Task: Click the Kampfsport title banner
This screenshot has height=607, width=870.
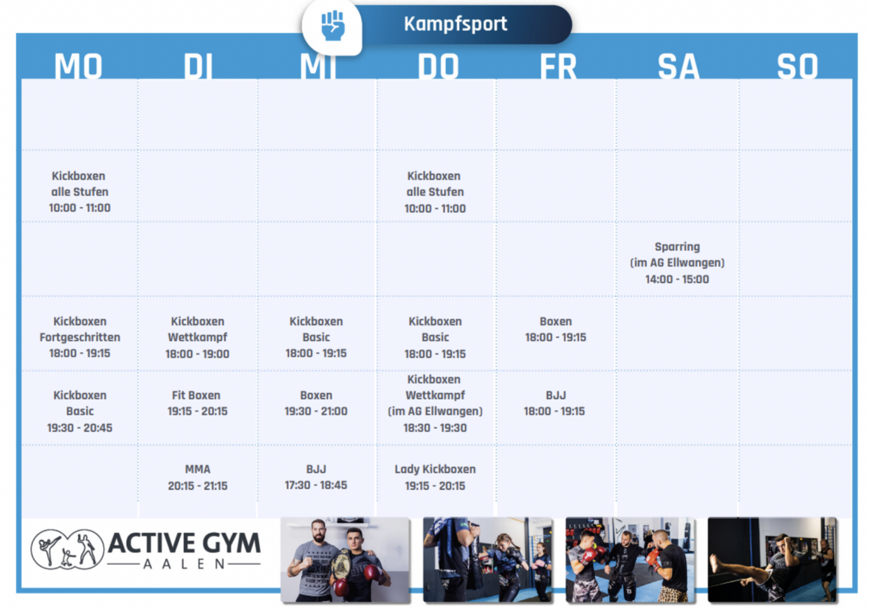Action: click(462, 24)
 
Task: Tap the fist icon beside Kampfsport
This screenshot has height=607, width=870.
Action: click(333, 25)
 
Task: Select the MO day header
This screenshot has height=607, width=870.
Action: click(79, 66)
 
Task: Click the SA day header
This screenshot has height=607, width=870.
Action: click(678, 66)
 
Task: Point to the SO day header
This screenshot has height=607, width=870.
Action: click(797, 66)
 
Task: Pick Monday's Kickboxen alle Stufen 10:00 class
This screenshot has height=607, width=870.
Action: click(80, 192)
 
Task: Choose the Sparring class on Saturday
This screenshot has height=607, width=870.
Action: click(677, 263)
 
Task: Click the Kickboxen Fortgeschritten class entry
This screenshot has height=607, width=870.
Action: click(80, 337)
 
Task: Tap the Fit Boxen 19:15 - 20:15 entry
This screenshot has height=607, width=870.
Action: click(198, 403)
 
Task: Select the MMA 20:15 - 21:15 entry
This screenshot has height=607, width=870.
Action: click(198, 477)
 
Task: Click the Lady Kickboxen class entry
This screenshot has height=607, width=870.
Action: click(435, 477)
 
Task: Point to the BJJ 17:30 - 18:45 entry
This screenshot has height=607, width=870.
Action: click(316, 477)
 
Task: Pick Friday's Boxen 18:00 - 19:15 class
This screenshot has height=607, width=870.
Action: click(555, 329)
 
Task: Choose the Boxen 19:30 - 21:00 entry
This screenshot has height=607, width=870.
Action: click(316, 403)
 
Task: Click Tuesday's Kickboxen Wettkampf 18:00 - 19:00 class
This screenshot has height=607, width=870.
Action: click(198, 337)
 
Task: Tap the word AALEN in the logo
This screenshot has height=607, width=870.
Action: click(184, 564)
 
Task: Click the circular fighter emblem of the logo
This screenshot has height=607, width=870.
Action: click(67, 549)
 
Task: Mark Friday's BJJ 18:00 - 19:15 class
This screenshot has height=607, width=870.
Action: click(554, 403)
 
